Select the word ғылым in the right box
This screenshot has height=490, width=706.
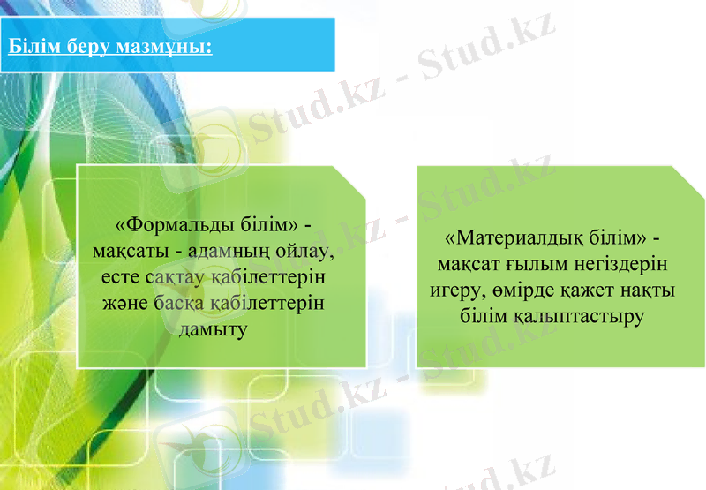534,264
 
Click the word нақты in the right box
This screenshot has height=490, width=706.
646,290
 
